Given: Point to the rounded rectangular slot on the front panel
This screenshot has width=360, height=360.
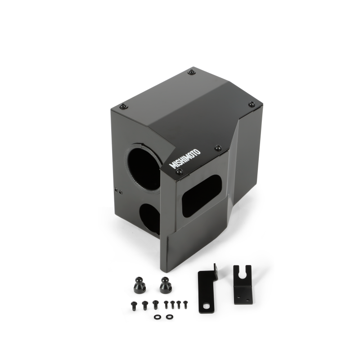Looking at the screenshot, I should [x=201, y=195].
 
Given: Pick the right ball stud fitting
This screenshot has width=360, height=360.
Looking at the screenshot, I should [x=166, y=285].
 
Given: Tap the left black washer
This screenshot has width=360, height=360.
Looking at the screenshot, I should [x=157, y=317].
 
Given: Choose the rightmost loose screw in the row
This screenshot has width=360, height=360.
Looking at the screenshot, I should [x=184, y=304].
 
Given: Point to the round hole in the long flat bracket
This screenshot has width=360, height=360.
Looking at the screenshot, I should [x=207, y=308].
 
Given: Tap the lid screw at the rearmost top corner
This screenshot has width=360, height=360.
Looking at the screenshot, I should [x=192, y=72].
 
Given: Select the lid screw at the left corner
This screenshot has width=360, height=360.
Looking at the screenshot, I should [x=123, y=107].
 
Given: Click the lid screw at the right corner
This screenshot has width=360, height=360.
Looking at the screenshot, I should [x=252, y=104].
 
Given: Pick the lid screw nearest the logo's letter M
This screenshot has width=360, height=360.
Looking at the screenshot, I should [x=179, y=172].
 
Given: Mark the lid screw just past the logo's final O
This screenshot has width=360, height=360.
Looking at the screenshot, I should [x=218, y=148].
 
